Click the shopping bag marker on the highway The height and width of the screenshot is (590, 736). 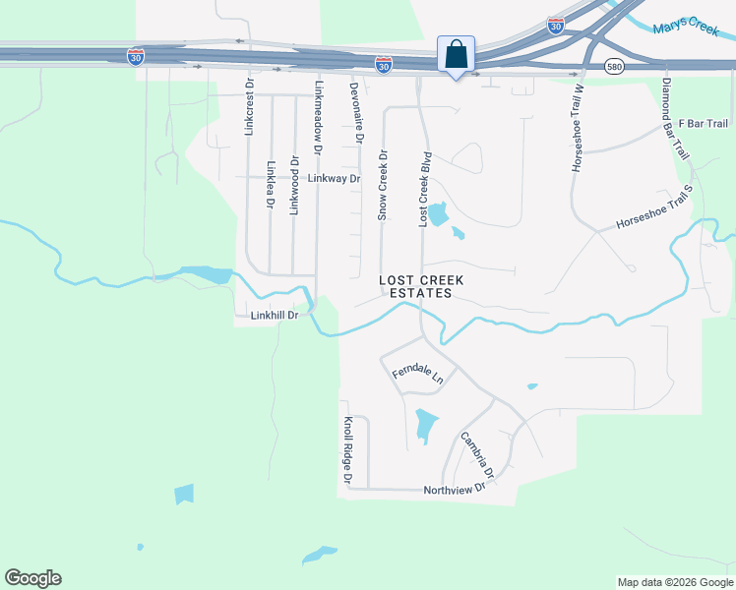(x=457, y=54)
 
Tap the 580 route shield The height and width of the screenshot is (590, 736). (x=613, y=66)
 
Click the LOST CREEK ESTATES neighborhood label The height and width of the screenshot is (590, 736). (x=421, y=286)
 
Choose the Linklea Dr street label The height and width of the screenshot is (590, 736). (x=271, y=185)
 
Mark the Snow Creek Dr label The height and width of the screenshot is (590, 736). (x=385, y=185)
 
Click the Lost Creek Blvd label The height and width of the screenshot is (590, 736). (x=426, y=190)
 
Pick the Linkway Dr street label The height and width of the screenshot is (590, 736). (x=335, y=179)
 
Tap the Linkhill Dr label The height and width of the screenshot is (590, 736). (x=274, y=316)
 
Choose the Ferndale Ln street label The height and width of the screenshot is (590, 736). (x=418, y=374)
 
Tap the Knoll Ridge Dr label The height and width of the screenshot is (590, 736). (x=347, y=449)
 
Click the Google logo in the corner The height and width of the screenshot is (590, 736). (x=32, y=578)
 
